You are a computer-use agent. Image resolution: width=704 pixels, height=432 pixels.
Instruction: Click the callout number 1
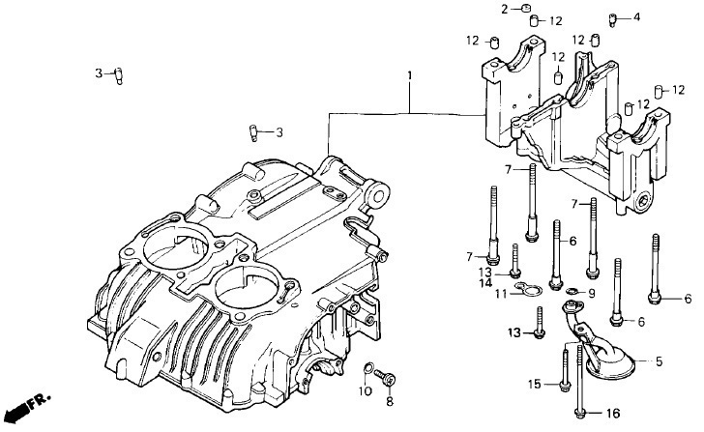(409, 75)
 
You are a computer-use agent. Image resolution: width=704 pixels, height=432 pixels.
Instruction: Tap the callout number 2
(505, 9)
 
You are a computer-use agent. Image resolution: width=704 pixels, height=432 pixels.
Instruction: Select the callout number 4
(636, 17)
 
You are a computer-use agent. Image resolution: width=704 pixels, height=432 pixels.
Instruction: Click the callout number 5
(659, 361)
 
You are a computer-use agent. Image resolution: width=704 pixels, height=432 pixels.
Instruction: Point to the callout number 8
(390, 401)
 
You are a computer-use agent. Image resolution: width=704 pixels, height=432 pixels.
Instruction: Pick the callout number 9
(592, 294)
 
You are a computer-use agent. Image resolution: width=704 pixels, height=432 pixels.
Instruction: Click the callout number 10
(366, 391)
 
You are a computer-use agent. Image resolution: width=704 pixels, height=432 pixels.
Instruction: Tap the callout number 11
(501, 294)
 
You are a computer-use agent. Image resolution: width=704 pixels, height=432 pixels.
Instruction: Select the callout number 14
(485, 283)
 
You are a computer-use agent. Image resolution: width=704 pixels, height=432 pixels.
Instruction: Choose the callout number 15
(534, 385)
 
